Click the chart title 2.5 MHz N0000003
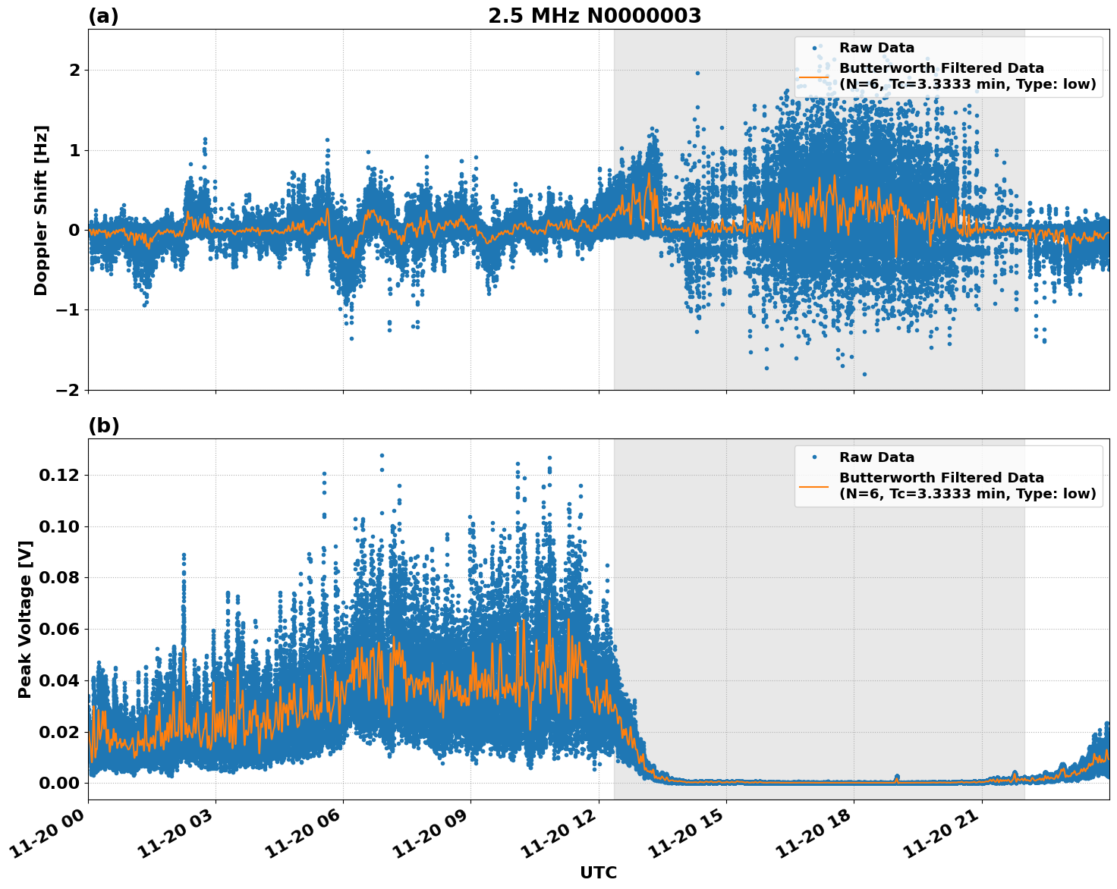coord(594,16)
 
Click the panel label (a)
coord(104,16)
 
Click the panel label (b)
coord(104,426)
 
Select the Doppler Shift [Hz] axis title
coord(41,210)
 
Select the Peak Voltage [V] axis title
coord(25,619)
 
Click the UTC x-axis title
coord(598,872)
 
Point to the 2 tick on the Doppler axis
coord(74,70)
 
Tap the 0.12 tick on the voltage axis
coord(59,475)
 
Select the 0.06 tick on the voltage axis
coord(59,629)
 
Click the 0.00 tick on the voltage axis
coord(59,783)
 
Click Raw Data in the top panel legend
coord(876,48)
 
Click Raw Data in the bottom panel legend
coord(876,457)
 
